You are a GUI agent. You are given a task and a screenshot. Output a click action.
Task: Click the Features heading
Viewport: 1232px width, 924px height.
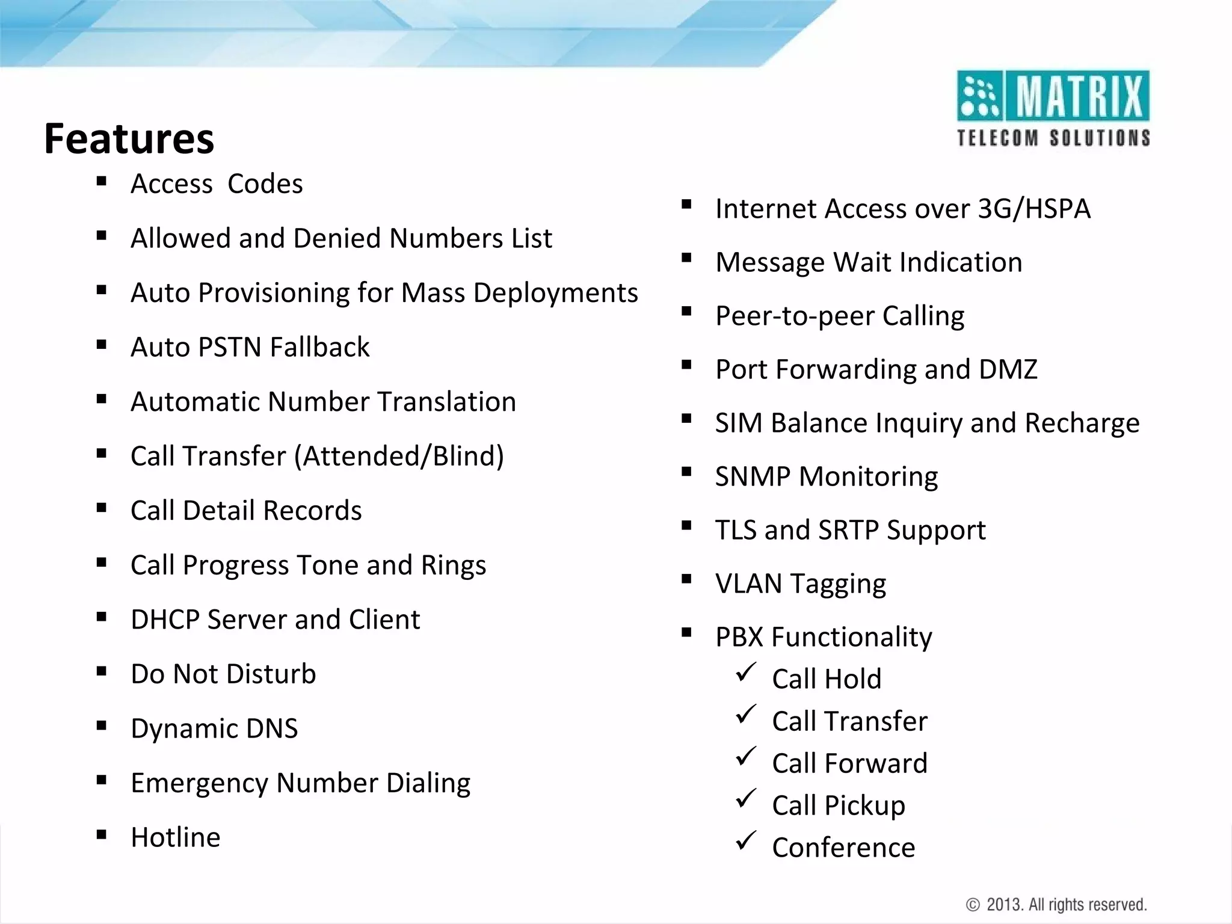(129, 139)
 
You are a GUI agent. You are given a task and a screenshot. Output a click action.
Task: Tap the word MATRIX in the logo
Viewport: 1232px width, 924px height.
(1080, 96)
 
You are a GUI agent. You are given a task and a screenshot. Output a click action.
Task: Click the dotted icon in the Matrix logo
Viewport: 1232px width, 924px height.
(979, 96)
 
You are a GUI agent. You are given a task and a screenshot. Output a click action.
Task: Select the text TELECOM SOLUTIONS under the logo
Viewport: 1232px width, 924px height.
(1053, 138)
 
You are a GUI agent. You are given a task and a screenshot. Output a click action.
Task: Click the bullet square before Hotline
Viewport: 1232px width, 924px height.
(101, 834)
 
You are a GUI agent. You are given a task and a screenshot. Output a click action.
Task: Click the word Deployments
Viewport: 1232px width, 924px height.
(555, 293)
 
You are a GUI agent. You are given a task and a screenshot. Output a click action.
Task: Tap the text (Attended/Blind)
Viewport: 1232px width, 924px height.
(399, 456)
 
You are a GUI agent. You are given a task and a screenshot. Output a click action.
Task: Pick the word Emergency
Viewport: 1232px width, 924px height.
(199, 783)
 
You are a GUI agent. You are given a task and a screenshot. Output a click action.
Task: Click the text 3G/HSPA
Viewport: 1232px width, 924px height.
(1034, 209)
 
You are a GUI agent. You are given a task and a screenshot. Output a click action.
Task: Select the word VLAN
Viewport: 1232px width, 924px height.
(748, 584)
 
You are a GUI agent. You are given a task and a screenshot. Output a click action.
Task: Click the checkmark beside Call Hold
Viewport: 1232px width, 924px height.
(745, 672)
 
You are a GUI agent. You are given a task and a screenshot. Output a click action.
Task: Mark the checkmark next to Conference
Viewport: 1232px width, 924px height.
(745, 840)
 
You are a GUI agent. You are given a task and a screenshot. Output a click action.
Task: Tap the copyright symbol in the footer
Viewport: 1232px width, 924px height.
(973, 905)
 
